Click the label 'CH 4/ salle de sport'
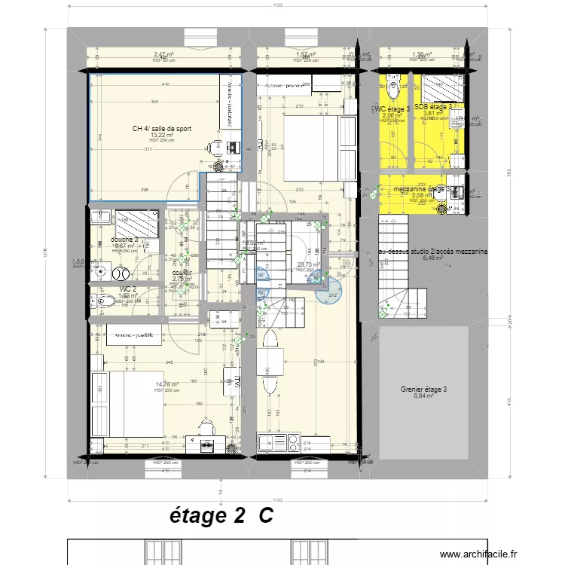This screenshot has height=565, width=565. pyautogui.click(x=161, y=129)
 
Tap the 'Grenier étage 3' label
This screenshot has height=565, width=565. pyautogui.click(x=423, y=389)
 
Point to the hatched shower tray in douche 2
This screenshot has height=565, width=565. pyautogui.click(x=136, y=224)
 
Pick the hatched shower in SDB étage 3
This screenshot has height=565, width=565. pyautogui.click(x=436, y=89)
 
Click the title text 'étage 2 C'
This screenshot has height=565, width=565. pyautogui.click(x=220, y=517)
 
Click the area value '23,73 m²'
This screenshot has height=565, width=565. pyautogui.click(x=308, y=264)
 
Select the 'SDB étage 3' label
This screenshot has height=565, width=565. pyautogui.click(x=432, y=108)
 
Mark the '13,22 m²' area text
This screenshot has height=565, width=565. pyautogui.click(x=161, y=136)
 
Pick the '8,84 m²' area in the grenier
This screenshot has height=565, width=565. pyautogui.click(x=423, y=396)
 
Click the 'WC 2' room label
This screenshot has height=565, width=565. pyautogui.click(x=127, y=289)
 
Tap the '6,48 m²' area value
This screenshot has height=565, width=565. pyautogui.click(x=434, y=258)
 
